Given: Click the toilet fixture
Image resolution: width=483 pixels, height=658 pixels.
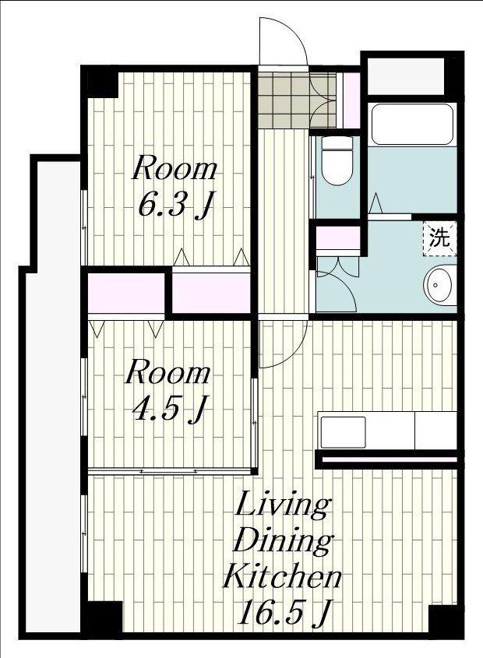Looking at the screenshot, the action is [x=337, y=160].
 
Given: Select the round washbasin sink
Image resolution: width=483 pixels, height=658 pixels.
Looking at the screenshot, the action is [x=439, y=285].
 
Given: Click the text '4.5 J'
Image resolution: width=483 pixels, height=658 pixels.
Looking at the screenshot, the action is [x=169, y=410].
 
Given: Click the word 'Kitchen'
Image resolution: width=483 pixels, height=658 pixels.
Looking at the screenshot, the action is [x=282, y=577].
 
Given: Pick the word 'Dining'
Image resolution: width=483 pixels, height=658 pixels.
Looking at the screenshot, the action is [x=283, y=542].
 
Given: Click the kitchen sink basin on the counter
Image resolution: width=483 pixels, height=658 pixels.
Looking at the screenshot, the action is [x=343, y=432].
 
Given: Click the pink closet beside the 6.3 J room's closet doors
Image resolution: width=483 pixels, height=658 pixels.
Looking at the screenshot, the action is [x=212, y=293].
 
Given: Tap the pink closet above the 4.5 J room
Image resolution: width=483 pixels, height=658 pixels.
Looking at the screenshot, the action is [x=126, y=293].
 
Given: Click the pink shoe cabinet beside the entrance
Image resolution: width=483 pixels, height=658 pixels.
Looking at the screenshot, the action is [x=352, y=100].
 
